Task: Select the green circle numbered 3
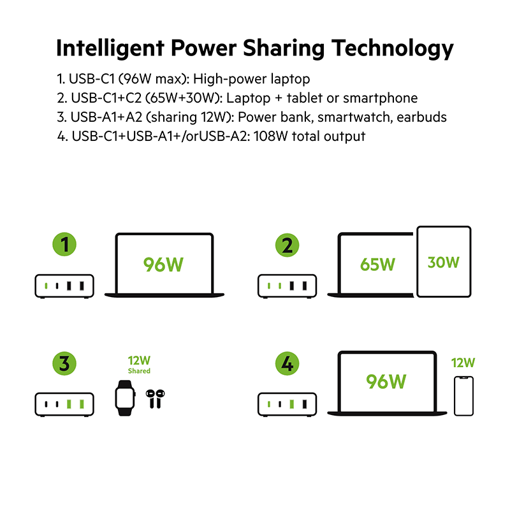point(64,365)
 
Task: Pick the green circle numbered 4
point(288,365)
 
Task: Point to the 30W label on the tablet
point(443,261)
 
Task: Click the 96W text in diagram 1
point(163,264)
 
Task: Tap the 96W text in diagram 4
point(386,381)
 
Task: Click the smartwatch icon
point(126,398)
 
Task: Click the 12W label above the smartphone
point(463,363)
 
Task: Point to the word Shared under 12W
point(139,371)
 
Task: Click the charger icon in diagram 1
point(64,286)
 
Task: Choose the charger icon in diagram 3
point(64,404)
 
